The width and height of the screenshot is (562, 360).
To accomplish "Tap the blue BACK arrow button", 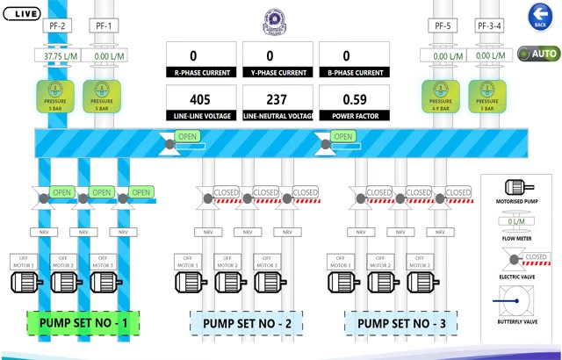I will [x=539, y=16].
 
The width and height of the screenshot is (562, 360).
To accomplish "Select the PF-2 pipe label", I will [x=55, y=26].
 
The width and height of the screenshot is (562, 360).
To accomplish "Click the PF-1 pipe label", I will [x=103, y=26].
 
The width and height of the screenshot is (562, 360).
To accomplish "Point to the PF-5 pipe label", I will [x=443, y=26].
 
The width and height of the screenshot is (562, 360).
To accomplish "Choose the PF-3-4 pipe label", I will [x=490, y=26].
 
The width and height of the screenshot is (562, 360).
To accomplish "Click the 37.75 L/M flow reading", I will [x=58, y=55].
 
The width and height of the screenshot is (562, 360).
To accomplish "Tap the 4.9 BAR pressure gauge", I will [x=441, y=97].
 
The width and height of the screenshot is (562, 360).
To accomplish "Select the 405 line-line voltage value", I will [x=199, y=99].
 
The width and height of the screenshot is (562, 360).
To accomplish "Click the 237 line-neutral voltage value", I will [x=276, y=99].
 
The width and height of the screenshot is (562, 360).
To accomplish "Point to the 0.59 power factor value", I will [x=353, y=99].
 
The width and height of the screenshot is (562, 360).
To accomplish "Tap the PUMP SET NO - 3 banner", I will [x=401, y=323].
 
